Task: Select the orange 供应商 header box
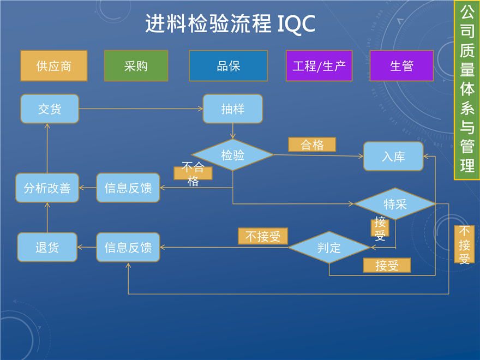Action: coord(53,66)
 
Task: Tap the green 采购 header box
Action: coord(136,66)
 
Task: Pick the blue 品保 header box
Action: coord(228,66)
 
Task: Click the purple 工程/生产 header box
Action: coord(319,66)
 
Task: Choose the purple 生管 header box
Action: coord(401,66)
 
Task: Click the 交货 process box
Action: coord(50,109)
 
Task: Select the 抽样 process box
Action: coord(232,109)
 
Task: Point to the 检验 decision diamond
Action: coord(232,155)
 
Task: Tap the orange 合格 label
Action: coord(311,145)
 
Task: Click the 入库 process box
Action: coord(393,156)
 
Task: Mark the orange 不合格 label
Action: coord(193,173)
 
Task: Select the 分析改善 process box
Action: coord(47,188)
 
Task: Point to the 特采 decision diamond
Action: coord(395,204)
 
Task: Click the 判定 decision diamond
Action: coord(329,248)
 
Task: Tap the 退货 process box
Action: coord(47,248)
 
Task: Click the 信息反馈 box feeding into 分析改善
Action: coord(128,188)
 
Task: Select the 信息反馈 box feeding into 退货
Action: coord(128,248)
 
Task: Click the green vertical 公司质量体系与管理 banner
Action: coord(467,90)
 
